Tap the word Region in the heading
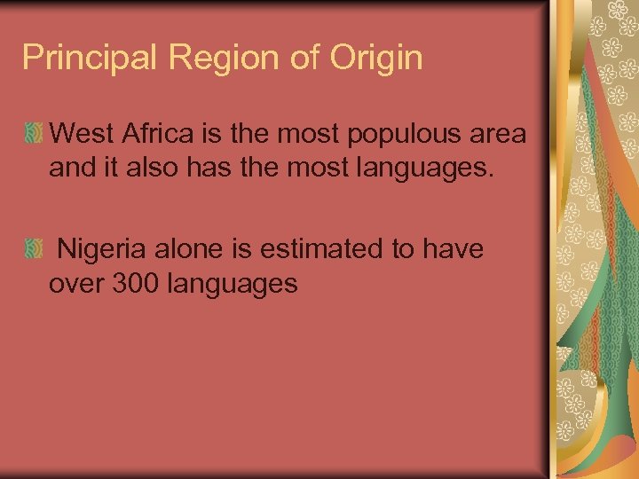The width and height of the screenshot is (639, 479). click(204, 59)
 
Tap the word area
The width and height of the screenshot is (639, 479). click(496, 136)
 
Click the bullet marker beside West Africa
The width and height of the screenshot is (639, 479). click(33, 135)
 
